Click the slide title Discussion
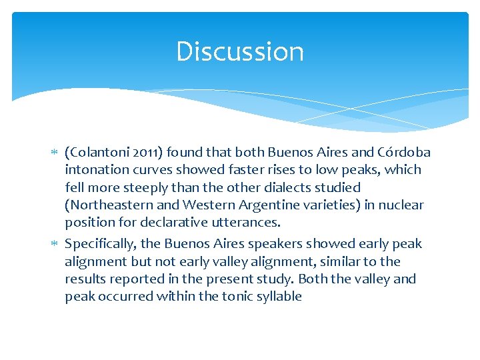click(240, 52)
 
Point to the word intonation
click(97, 169)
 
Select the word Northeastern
click(109, 205)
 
